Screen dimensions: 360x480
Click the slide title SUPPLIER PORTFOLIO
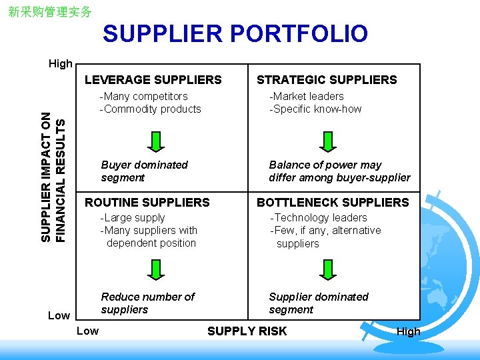pos(235,33)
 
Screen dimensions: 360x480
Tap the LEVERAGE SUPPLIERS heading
pos(153,80)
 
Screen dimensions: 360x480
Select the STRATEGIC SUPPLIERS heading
pos(327,80)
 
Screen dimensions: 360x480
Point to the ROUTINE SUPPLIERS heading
pos(147,202)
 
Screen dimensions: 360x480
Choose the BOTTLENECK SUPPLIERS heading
pos(333,202)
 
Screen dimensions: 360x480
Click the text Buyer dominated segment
pos(144,171)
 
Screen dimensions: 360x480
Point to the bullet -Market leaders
pos(306,96)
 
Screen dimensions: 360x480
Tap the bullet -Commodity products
pos(150,109)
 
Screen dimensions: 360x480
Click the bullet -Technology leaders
pos(318,217)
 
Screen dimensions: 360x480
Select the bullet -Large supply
pos(132,217)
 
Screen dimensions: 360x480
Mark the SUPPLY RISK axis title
pos(247,331)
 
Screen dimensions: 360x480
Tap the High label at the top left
pos(61,63)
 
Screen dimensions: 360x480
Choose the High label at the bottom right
pos(408,331)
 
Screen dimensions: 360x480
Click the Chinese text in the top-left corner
pos(50,12)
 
